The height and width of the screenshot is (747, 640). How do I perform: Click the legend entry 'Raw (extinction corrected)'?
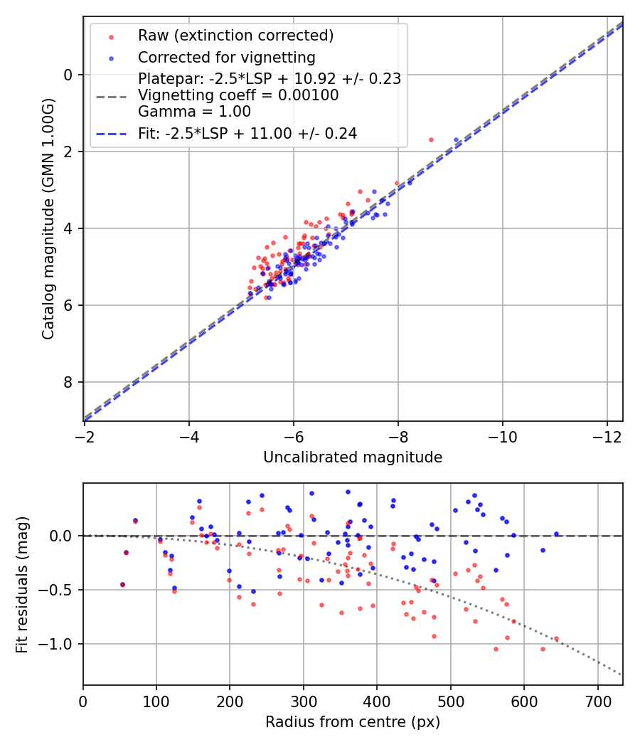pos(235,36)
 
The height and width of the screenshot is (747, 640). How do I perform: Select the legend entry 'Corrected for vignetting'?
pos(226,57)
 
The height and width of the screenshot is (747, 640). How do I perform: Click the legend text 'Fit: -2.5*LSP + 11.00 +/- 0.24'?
pos(247,133)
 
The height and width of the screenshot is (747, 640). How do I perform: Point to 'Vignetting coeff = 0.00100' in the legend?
pos(238,95)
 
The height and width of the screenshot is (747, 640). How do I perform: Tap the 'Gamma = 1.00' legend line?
pos(194,112)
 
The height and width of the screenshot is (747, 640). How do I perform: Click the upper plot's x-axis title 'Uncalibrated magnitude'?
pos(353,457)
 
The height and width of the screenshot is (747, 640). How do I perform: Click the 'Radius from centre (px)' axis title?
pos(353,722)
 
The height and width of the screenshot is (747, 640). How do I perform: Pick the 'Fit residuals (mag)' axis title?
pos(22,584)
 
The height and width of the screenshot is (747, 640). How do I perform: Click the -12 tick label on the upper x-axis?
pos(607,435)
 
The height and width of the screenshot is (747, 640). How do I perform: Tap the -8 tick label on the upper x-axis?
pos(398,435)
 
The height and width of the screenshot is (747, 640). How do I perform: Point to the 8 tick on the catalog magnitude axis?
pos(69,383)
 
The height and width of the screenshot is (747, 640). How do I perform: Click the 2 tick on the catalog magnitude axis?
pos(69,152)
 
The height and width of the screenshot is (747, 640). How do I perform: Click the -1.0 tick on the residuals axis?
pos(60,644)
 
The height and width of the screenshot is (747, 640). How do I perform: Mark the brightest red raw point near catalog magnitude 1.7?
pos(431,139)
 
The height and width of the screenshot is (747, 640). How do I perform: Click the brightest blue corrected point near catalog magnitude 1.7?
pos(456,139)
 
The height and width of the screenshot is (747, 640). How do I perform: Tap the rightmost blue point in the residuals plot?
pos(556,534)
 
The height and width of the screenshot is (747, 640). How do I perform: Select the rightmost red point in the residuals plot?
pos(556,639)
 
